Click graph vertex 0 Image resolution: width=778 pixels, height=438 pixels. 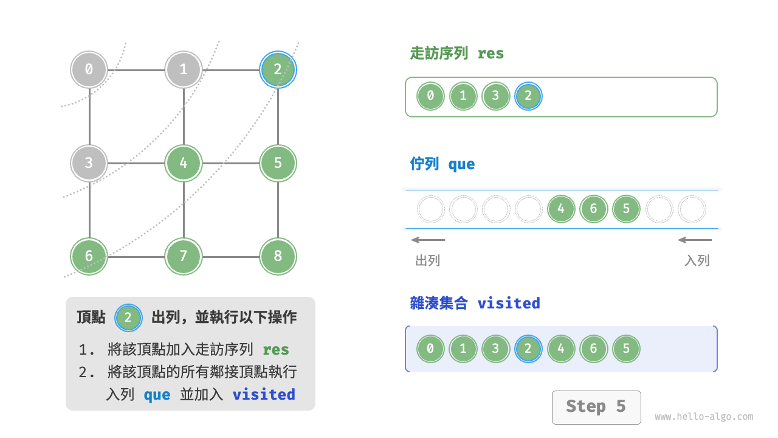[x=89, y=69]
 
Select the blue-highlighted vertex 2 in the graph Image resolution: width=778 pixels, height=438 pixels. [x=278, y=69]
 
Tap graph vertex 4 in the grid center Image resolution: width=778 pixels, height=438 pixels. [x=184, y=163]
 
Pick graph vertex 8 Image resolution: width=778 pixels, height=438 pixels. [x=278, y=256]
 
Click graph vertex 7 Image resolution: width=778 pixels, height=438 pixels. [x=184, y=256]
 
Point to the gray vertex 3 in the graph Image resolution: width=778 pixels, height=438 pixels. [x=89, y=163]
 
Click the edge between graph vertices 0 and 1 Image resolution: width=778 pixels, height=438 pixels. [x=136, y=69]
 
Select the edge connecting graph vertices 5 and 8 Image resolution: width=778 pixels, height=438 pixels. [x=278, y=210]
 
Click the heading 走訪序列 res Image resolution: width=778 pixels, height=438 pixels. [x=457, y=54]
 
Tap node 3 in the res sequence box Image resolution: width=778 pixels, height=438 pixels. [x=495, y=96]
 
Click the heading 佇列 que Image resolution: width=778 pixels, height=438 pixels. [x=442, y=164]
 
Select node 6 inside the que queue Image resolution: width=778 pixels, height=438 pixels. [x=593, y=209]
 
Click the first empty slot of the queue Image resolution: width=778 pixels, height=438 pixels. [x=431, y=209]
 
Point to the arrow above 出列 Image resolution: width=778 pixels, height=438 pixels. [x=428, y=240]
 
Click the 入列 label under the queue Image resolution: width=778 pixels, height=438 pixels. [x=697, y=261]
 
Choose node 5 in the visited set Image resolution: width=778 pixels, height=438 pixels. [x=626, y=349]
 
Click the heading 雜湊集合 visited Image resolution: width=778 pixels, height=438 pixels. [x=475, y=303]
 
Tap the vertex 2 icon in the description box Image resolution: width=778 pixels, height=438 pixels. [x=128, y=318]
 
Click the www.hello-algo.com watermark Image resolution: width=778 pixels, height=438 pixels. [x=704, y=417]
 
